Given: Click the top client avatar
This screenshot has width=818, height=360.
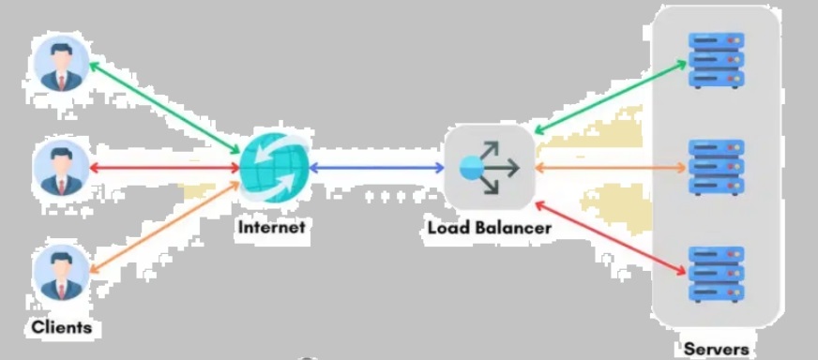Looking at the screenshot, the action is pos(62,64).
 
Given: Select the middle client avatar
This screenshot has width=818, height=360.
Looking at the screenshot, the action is pos(62,168).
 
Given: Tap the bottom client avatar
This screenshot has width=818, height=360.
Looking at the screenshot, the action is pos(62,273).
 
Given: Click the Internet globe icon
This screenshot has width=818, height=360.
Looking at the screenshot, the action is pos(275,168).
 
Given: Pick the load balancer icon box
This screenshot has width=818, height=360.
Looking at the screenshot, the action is pos(490,167).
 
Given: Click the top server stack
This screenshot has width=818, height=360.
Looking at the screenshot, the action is pos(717,61).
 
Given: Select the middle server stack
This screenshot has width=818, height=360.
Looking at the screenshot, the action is pos(717,167).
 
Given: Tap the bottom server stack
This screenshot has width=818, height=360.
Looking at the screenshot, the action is pos(717,275).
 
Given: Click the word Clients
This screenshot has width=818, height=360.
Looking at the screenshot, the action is pos(62,327).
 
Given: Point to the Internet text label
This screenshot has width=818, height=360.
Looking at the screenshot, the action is pos(271,228).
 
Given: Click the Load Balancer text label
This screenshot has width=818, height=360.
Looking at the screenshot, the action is pos(489,228).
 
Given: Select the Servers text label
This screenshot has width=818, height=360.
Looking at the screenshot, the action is pos(717,349).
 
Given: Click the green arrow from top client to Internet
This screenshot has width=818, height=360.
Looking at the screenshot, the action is pos(164,109).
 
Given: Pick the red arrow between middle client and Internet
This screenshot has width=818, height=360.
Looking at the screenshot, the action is pos(165,168).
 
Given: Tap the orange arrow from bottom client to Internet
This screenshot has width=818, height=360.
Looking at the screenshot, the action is pos(164,227).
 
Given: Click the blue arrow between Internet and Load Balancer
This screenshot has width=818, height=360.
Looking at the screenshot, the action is pos(377,168).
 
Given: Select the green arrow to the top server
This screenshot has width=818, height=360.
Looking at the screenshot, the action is pos(611,97).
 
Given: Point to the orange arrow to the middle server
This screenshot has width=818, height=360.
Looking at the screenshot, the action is pos(611,168).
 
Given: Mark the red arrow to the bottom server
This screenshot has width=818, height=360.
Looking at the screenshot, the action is pos(611,238).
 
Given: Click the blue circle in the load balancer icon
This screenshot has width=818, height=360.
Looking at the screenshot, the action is pos(472,168).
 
